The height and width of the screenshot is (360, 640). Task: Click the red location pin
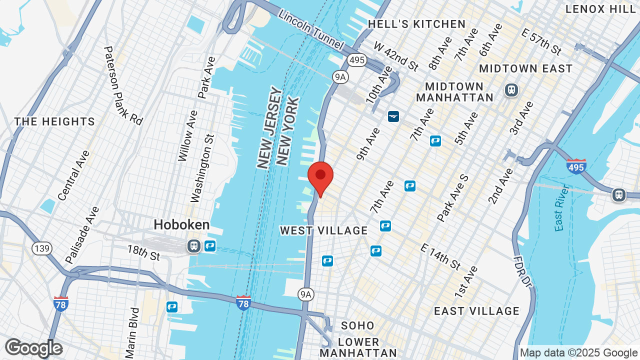[320, 177]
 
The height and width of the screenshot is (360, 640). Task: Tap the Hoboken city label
[181, 225]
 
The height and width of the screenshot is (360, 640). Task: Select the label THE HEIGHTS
[54, 121]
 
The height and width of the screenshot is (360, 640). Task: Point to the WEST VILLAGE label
[323, 230]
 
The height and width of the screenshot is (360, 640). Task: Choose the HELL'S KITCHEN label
[416, 24]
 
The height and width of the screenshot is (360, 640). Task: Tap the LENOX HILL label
[600, 9]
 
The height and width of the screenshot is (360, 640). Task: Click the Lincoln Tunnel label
[311, 30]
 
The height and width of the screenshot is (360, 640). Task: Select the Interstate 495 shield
[576, 166]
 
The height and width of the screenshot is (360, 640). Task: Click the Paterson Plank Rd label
[123, 85]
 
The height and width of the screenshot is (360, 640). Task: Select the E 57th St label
[541, 41]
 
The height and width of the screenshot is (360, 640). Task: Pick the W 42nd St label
[396, 56]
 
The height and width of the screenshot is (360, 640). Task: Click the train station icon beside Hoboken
[194, 245]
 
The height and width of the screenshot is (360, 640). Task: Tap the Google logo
[33, 348]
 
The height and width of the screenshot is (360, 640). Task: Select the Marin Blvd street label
[132, 332]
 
